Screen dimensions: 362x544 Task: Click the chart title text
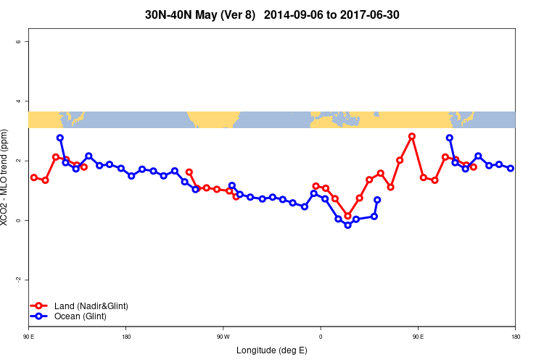point(272,14)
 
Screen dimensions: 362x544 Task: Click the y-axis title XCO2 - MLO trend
point(6,177)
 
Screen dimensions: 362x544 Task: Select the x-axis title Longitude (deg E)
point(272,350)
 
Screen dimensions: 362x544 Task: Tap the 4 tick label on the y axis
point(18,101)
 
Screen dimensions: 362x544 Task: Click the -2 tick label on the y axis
point(18,279)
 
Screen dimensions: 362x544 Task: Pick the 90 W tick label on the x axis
point(223,337)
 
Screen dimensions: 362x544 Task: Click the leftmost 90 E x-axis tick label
point(28,337)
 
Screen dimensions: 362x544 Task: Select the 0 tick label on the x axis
point(321,337)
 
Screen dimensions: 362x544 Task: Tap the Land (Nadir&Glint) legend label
point(91,306)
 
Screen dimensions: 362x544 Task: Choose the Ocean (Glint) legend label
point(80,316)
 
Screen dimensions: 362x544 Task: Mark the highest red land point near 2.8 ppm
point(412,136)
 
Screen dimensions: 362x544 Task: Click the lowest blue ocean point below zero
point(348,225)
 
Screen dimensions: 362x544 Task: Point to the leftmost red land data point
point(34,177)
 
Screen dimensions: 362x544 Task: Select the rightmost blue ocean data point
point(511,168)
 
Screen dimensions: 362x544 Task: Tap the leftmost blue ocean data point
point(60,138)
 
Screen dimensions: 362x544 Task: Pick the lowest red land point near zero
point(348,216)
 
